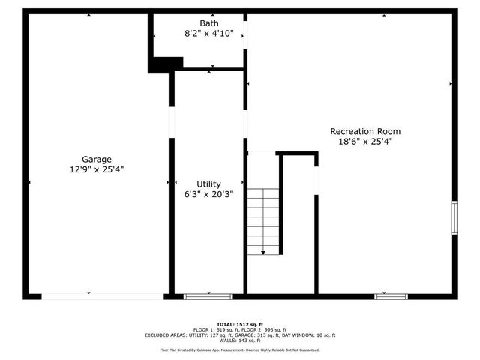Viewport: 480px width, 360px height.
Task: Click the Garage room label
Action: point(97,159)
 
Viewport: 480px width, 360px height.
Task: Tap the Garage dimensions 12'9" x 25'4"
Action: point(97,169)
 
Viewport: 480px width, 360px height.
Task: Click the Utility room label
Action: point(208,184)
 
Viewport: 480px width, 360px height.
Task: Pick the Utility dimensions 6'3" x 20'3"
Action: point(208,194)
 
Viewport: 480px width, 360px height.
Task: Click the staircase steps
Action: point(263,217)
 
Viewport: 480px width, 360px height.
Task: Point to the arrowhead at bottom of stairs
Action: point(263,253)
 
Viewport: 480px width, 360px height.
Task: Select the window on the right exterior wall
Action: point(453,217)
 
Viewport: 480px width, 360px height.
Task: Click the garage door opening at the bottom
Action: point(102,297)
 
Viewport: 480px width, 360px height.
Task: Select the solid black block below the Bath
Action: point(165,64)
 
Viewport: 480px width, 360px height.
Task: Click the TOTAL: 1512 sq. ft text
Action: point(240,323)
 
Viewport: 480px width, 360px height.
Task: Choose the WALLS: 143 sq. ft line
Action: point(240,340)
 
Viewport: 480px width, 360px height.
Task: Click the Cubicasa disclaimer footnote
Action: point(240,350)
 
